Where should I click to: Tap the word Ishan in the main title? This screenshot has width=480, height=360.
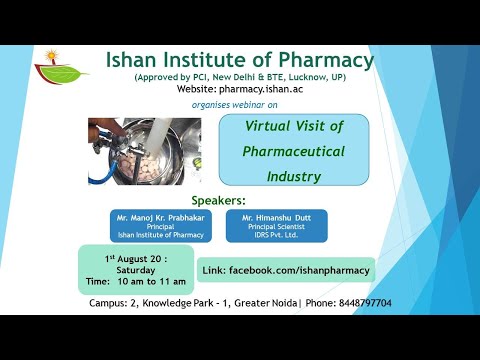[138, 60]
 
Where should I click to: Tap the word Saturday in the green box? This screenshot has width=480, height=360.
[135, 271]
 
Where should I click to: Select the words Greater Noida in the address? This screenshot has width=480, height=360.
[260, 303]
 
